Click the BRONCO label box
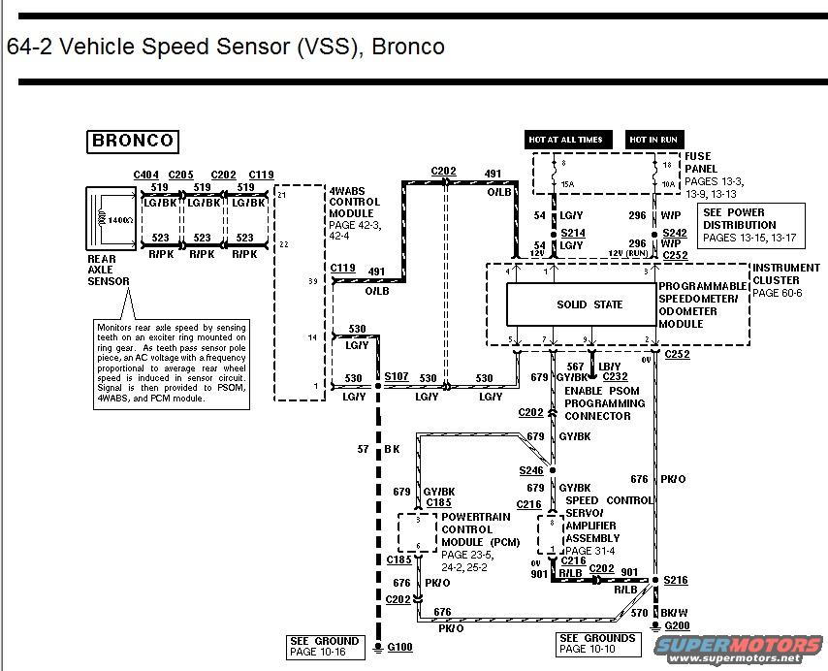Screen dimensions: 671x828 click(133, 141)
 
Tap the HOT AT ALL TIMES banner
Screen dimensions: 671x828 click(565, 140)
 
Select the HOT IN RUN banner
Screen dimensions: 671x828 click(653, 140)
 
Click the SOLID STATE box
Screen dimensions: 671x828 click(589, 304)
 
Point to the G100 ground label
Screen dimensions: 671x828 click(399, 647)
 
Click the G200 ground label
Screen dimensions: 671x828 click(677, 626)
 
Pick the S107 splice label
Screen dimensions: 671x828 click(396, 375)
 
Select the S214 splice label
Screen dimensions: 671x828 click(573, 234)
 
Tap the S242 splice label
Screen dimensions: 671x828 click(674, 234)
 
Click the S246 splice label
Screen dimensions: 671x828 click(532, 470)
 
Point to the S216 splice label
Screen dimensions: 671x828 click(676, 580)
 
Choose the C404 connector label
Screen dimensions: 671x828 click(145, 175)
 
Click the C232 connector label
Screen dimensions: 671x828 click(615, 376)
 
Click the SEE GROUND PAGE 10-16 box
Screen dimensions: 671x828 click(325, 647)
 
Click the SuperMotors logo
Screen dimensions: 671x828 click(744, 647)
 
